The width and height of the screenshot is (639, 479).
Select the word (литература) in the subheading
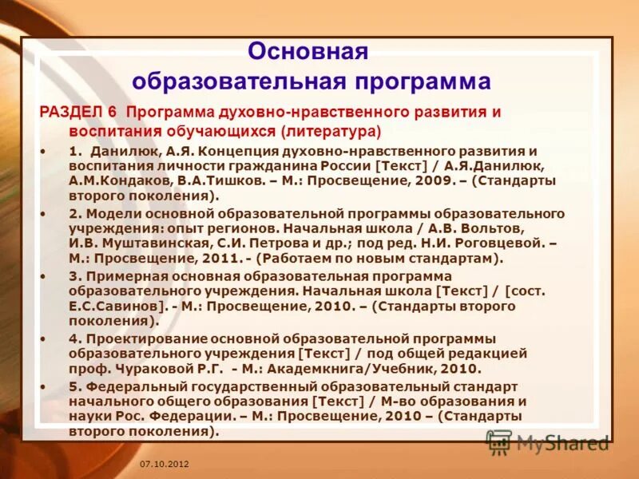(330, 129)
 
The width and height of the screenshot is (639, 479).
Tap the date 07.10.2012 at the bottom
(164, 464)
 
